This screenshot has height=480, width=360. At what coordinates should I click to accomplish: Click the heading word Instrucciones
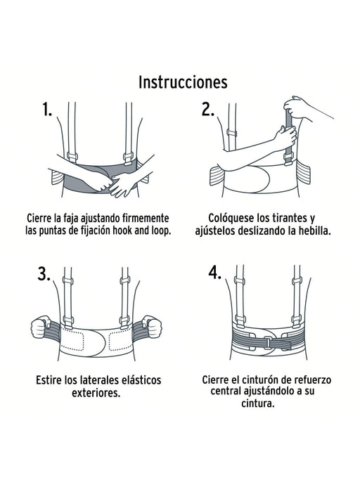pos(183,82)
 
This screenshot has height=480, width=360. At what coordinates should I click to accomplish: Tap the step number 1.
pos(47,110)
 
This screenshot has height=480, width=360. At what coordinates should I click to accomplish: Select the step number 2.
pos(207,110)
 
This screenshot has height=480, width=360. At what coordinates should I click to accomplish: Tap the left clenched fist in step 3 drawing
pos(37,327)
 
